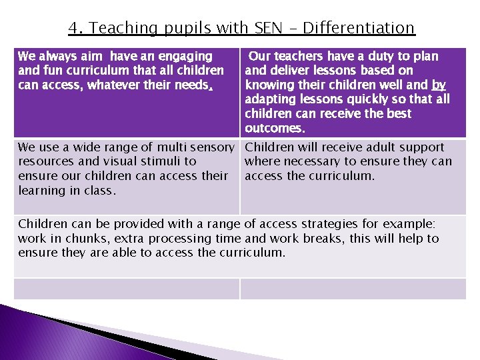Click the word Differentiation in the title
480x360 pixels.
(359, 28)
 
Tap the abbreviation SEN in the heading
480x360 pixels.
(267, 28)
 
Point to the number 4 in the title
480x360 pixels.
(73, 28)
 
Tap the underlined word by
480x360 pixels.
(439, 85)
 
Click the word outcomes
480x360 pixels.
(275, 127)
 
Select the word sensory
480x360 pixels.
(207, 147)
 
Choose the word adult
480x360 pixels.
(370, 147)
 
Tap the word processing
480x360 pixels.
(176, 238)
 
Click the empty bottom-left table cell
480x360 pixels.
(127, 289)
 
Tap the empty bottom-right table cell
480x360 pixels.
(353, 289)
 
